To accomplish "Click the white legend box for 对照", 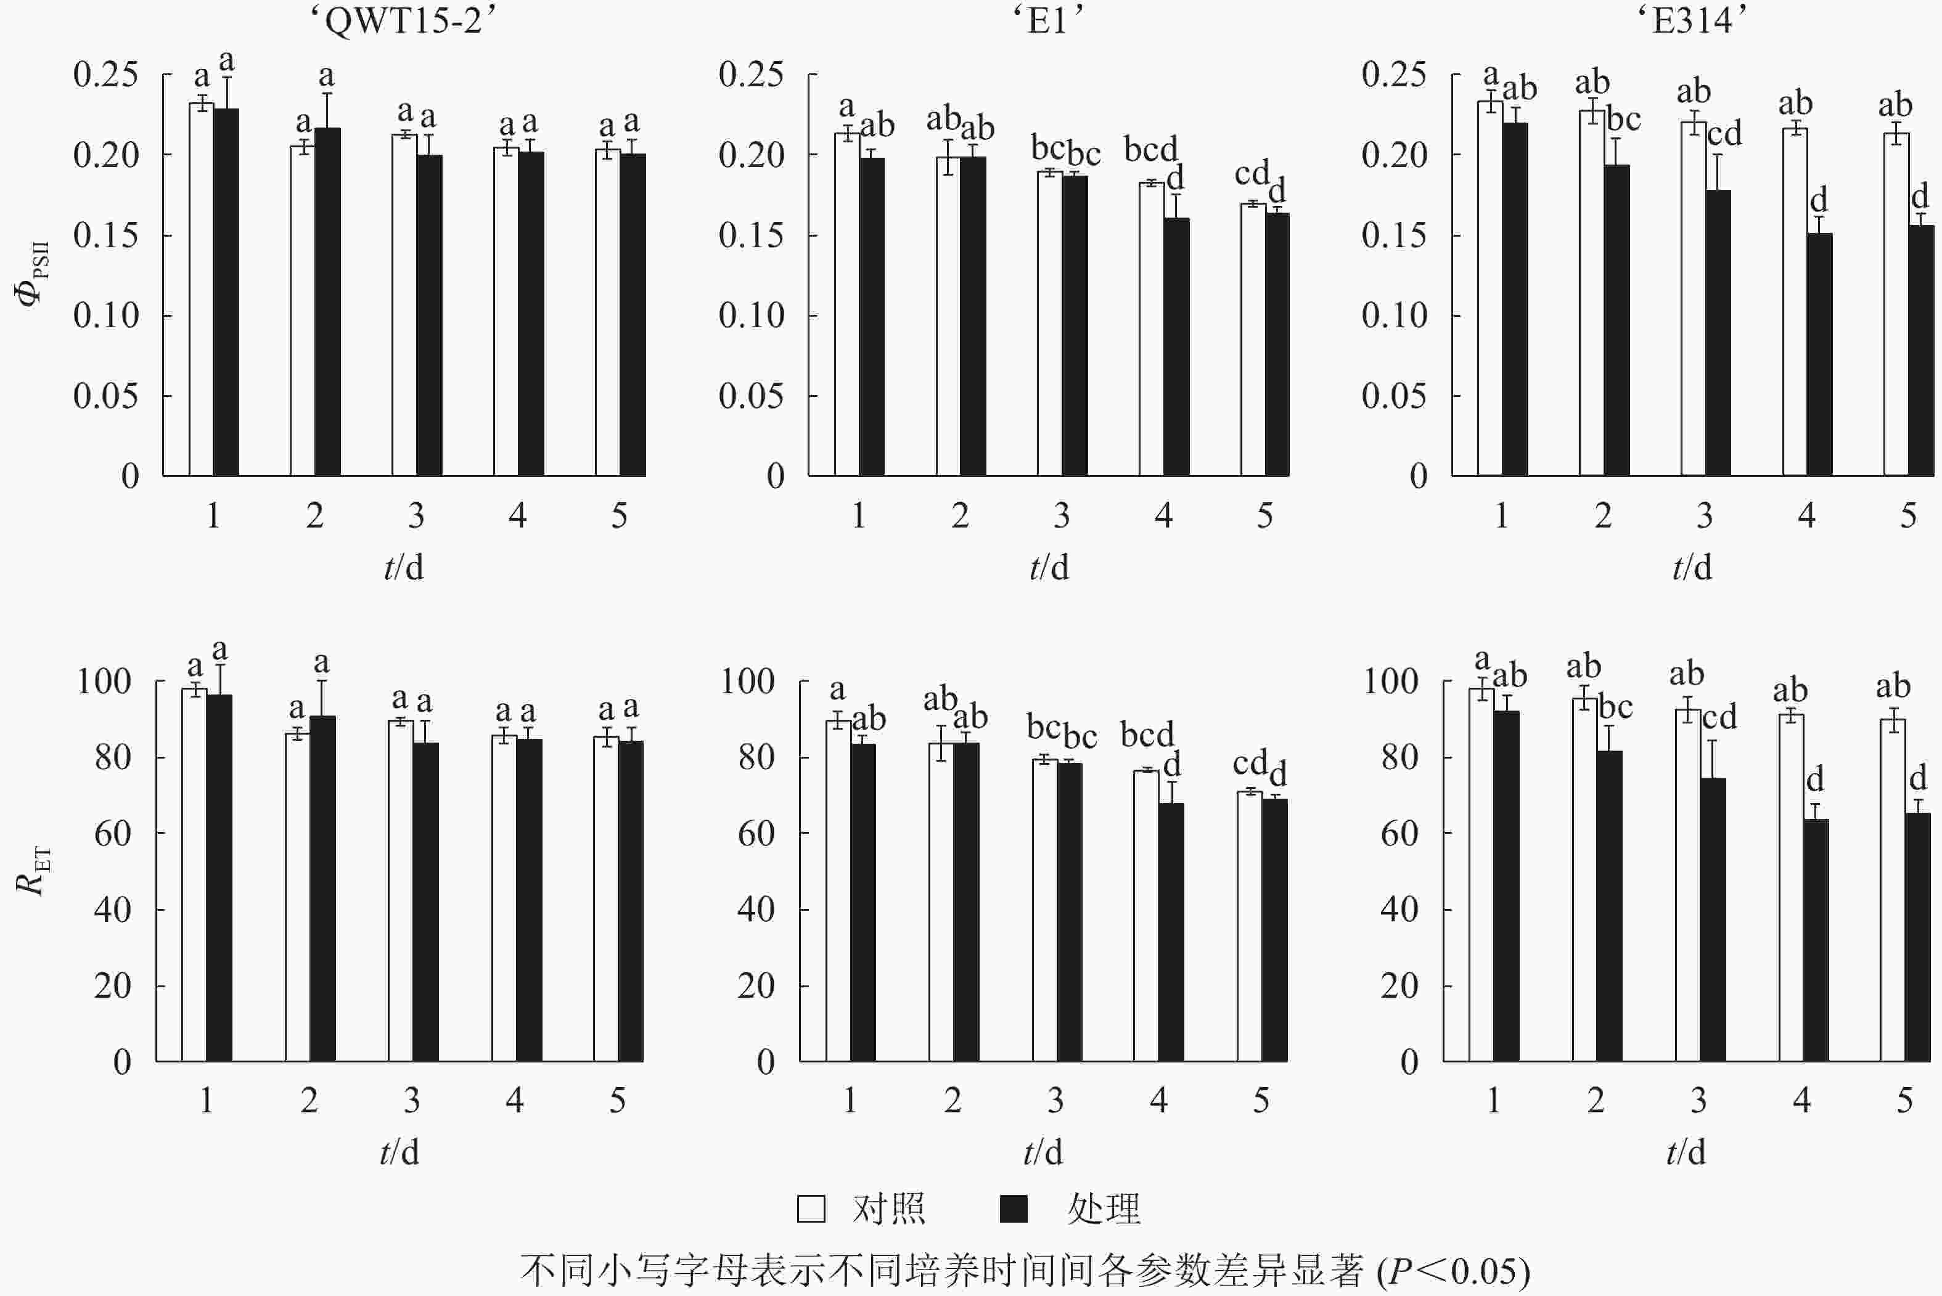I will click(x=811, y=1208).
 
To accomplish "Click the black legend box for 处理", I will click(x=1014, y=1208).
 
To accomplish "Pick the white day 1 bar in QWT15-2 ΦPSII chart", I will click(x=202, y=289).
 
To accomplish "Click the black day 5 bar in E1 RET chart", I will click(x=1274, y=930).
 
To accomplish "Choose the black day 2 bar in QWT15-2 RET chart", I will click(x=322, y=889).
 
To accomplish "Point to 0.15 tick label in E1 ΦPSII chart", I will click(x=751, y=235).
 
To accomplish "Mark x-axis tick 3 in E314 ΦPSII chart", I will click(x=1705, y=516).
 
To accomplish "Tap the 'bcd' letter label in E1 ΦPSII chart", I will click(x=1150, y=150).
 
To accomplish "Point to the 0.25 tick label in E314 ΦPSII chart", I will click(x=1394, y=75).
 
